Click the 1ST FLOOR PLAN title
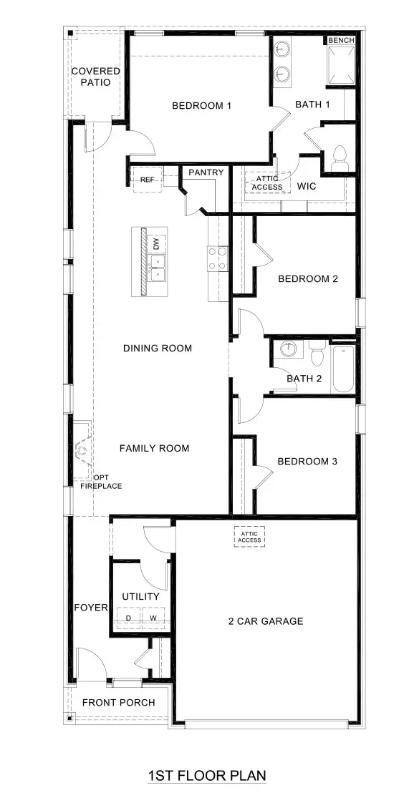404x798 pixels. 206,775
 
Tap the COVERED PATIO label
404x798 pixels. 95,77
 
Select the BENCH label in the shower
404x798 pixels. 341,41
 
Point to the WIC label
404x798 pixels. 307,186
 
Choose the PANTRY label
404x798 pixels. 206,172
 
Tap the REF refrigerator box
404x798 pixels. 147,180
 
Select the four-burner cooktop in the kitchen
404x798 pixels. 218,259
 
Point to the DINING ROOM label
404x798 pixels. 158,349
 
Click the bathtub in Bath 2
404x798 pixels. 342,370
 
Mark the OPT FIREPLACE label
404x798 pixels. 100,482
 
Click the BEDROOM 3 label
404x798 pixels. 307,462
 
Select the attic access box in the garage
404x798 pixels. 250,536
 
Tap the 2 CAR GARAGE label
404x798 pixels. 266,621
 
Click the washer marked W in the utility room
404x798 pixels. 153,617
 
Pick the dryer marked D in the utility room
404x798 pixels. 129,617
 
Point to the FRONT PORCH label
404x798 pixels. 118,702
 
